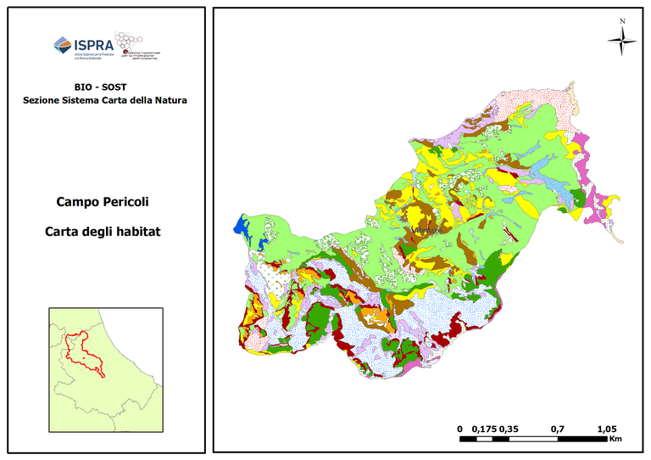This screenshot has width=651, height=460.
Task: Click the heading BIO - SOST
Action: [x=105, y=87]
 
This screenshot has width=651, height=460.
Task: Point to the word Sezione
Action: [x=42, y=100]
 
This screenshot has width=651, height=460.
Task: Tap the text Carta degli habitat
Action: [x=105, y=231]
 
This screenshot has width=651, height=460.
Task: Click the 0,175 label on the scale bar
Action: [x=483, y=429]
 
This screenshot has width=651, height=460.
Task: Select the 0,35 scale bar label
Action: [x=510, y=429]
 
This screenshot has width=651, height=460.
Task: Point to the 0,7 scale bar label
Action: [x=558, y=429]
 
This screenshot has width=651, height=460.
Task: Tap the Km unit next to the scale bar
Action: [x=615, y=439]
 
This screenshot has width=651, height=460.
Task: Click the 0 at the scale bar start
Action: [x=459, y=429]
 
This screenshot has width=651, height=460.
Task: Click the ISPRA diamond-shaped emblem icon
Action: [x=63, y=46]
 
